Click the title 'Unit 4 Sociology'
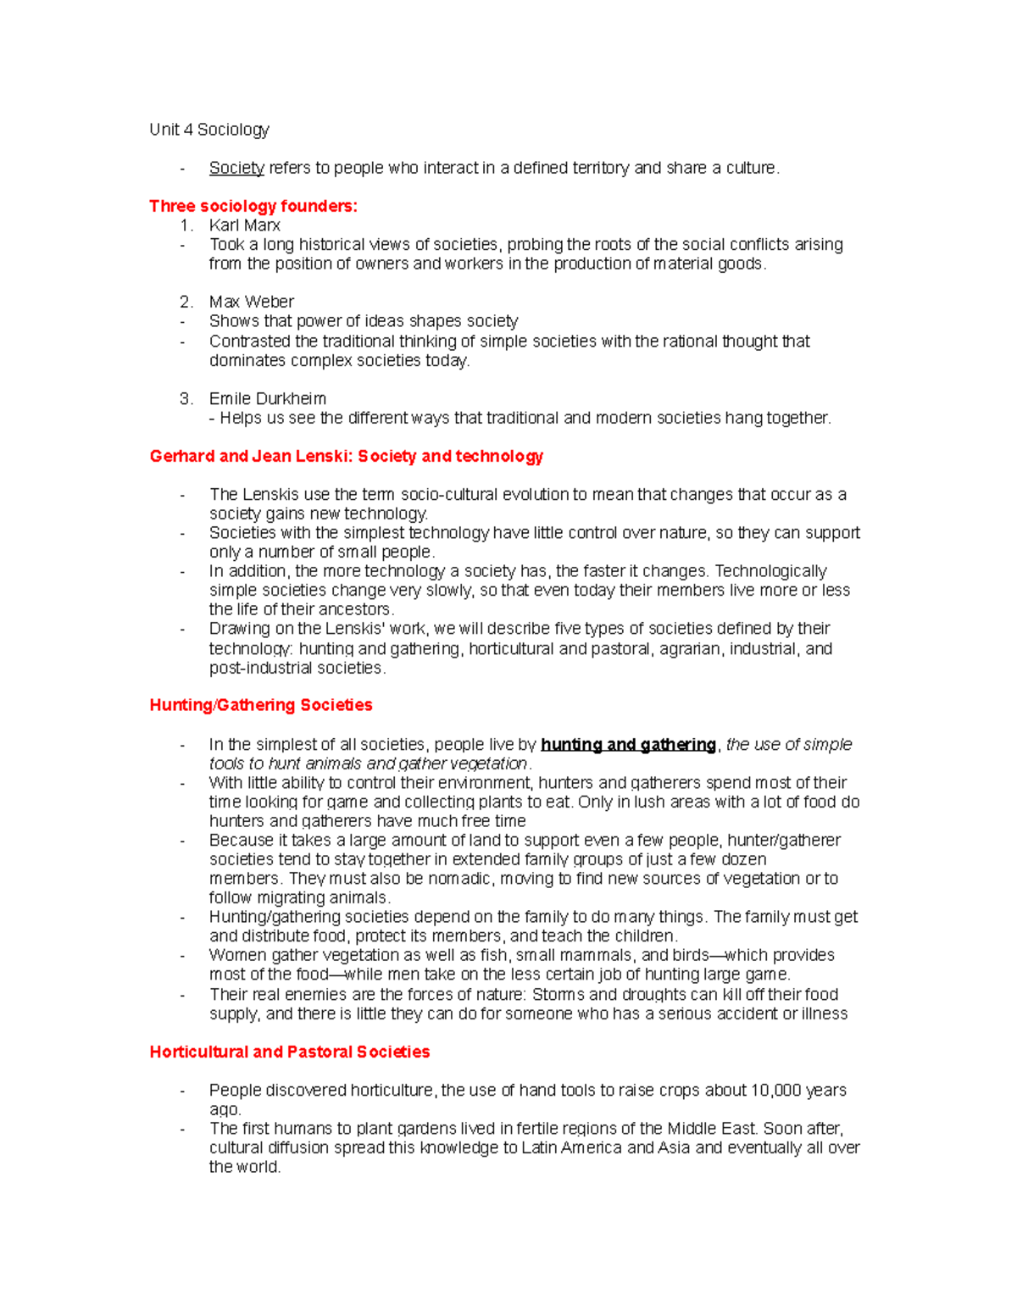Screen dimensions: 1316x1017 click(x=209, y=130)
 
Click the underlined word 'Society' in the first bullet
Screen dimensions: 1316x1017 click(x=236, y=168)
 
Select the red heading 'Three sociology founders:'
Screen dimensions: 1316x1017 click(x=253, y=206)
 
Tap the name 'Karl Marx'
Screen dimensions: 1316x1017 click(x=244, y=225)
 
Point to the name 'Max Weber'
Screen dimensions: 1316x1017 click(x=251, y=302)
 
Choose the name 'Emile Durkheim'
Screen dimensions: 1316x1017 click(x=267, y=398)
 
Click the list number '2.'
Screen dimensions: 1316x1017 click(x=186, y=302)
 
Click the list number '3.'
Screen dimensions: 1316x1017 click(x=186, y=398)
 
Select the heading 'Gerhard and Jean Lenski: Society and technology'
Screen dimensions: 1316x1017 click(x=346, y=456)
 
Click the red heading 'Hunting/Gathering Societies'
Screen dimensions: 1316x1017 click(x=260, y=705)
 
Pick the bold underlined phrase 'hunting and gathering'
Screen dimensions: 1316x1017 click(x=628, y=745)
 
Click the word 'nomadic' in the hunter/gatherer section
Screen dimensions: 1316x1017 click(x=459, y=879)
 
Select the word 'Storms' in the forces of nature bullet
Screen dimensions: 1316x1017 click(x=558, y=995)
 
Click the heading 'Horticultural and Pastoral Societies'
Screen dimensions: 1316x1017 click(x=289, y=1052)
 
